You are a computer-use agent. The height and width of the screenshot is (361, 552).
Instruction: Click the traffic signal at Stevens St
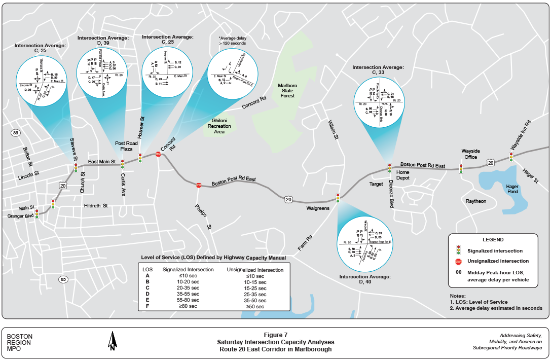[76, 167]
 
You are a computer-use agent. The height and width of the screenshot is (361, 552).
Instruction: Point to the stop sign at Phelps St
[199, 186]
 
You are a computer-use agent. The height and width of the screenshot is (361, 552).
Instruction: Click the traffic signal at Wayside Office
[461, 169]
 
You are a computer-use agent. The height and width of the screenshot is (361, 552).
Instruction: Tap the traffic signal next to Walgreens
[338, 198]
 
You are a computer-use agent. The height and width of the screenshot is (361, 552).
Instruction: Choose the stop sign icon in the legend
[458, 262]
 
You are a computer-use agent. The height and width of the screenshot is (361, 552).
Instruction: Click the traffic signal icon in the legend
[458, 250]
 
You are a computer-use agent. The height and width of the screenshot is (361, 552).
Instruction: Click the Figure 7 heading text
[275, 335]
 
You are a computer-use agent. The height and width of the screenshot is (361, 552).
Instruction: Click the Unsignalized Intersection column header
[255, 270]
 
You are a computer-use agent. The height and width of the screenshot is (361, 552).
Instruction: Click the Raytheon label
[476, 201]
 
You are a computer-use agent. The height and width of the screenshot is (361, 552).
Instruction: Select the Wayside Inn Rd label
[521, 134]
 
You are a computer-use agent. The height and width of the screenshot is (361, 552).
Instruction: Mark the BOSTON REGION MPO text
[20, 342]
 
